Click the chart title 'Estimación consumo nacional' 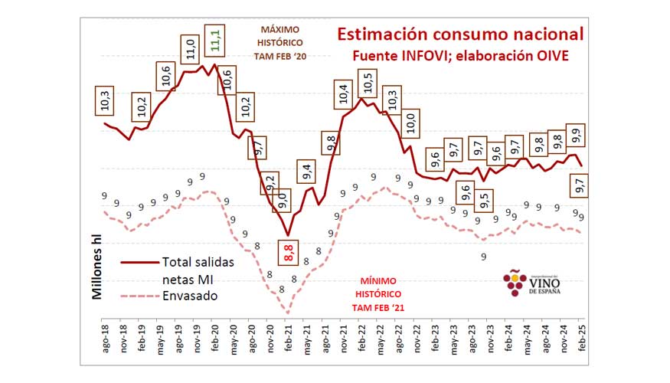[460, 35]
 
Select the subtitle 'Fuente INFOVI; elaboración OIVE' [460, 57]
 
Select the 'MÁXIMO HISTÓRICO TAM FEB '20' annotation [279, 44]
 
